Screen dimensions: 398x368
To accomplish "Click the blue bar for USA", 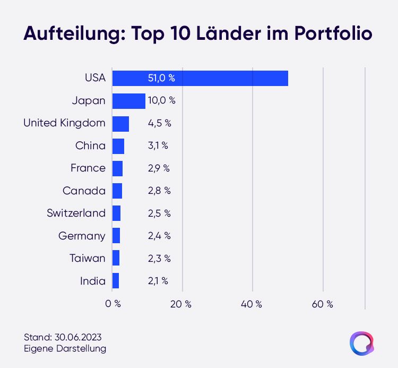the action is click(x=200, y=78).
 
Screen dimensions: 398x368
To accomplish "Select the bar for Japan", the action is click(x=129, y=101).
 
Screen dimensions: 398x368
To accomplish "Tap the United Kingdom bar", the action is click(x=120, y=124).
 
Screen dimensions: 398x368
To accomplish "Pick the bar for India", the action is click(x=116, y=280).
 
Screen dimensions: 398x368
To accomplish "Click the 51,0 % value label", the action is click(x=161, y=78).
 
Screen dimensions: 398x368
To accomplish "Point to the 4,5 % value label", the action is click(x=160, y=123).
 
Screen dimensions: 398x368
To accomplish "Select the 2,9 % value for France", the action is click(x=159, y=168).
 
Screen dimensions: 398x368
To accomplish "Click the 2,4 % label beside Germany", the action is click(x=159, y=236).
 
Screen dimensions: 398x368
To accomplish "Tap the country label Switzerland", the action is click(x=76, y=213).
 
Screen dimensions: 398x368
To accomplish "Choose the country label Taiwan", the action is click(x=88, y=258).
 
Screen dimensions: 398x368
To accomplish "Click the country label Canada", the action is click(x=84, y=191).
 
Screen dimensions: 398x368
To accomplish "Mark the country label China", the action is click(x=90, y=146).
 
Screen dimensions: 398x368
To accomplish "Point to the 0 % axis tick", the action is click(x=113, y=304).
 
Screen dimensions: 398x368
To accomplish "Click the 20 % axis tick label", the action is click(x=181, y=304).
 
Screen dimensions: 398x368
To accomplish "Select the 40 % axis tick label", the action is click(x=252, y=304).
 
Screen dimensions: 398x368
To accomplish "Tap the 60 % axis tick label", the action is click(x=322, y=304).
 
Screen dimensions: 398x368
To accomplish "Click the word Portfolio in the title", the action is click(x=333, y=33).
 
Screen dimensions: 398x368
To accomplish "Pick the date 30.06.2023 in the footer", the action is click(x=78, y=337).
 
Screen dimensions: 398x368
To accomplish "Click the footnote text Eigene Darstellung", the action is click(x=65, y=348).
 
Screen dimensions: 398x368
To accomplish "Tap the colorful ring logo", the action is click(x=351, y=344).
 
